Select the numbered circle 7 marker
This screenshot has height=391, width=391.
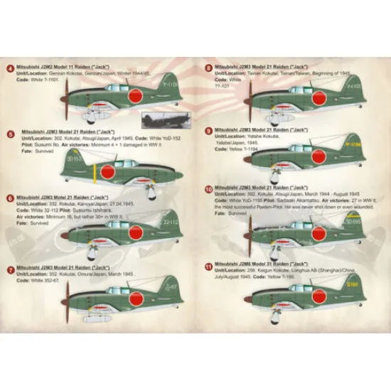(9, 270)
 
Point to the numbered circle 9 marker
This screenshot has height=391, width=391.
(208, 131)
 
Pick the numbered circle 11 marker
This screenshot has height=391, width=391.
(208, 267)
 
